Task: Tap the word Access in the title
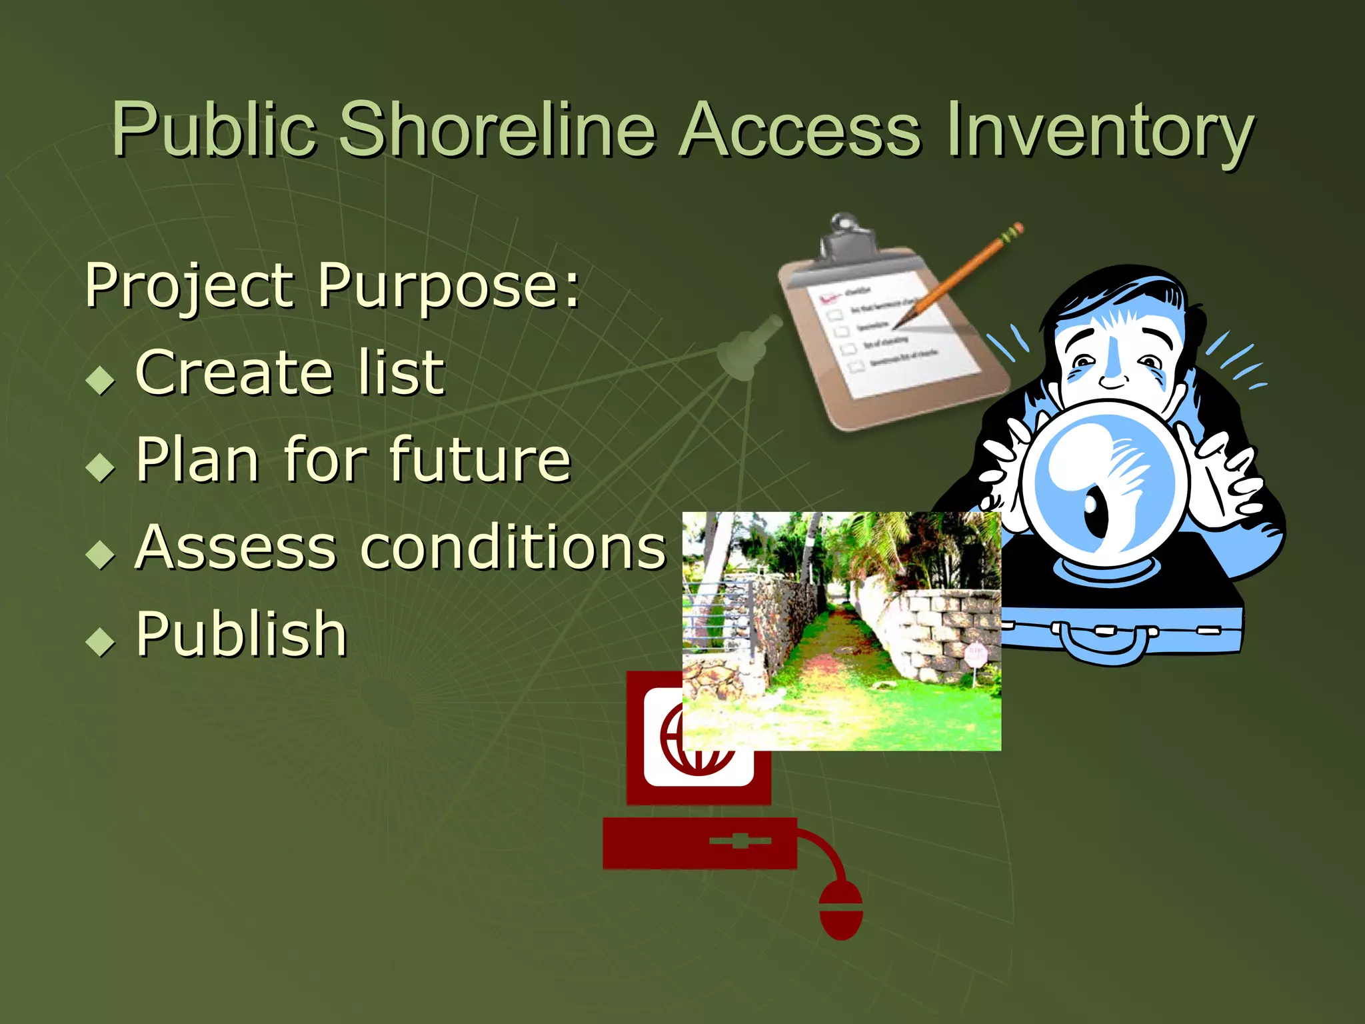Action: tap(800, 130)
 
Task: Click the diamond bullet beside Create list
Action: tap(101, 381)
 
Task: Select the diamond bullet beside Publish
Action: tap(101, 641)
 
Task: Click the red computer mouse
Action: tap(841, 910)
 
